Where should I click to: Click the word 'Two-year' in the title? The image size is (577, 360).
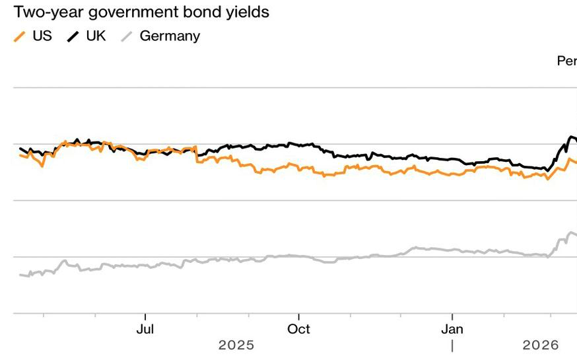(x=49, y=13)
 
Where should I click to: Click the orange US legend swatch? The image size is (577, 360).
(x=20, y=36)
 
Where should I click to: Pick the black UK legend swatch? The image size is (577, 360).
(x=73, y=36)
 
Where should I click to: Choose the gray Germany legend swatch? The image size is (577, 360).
(x=127, y=36)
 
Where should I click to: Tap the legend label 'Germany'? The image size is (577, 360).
(x=170, y=36)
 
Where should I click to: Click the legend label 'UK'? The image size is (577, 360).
(x=96, y=36)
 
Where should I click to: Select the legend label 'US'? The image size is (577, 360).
(x=42, y=36)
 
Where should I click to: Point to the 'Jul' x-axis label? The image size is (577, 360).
(x=145, y=329)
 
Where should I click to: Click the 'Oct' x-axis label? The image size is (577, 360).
(x=298, y=329)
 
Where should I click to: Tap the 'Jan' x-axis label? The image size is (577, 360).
(x=452, y=329)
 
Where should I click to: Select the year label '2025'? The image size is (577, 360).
(x=236, y=345)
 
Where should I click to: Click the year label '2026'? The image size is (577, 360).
(x=541, y=345)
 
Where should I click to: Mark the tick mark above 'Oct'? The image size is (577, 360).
(x=298, y=317)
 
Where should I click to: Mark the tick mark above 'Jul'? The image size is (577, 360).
(x=145, y=317)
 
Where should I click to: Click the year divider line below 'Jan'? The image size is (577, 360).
(x=452, y=346)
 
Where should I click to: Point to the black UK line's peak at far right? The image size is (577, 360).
(x=572, y=137)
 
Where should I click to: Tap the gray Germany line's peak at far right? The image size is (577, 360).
(x=570, y=233)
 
